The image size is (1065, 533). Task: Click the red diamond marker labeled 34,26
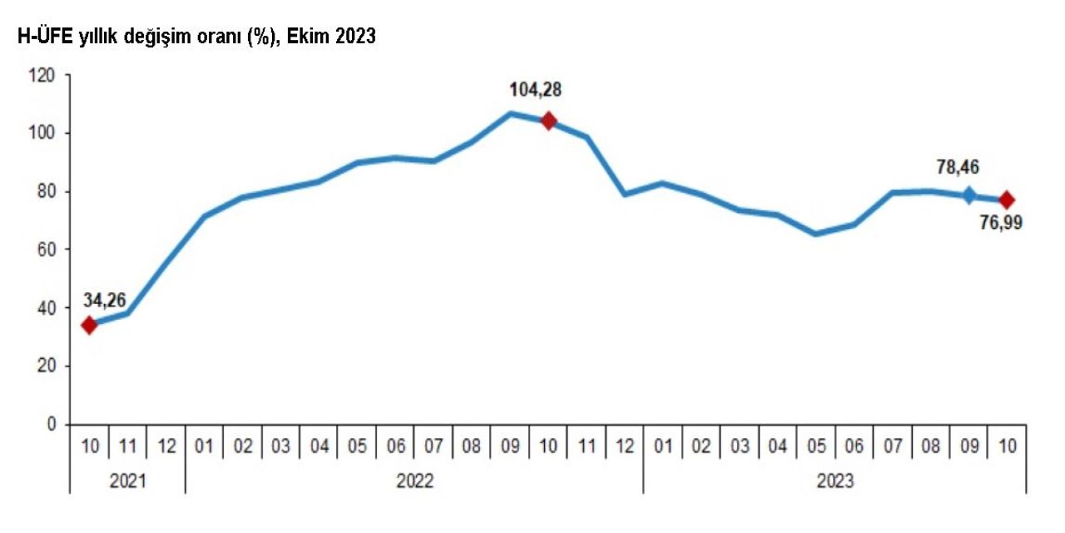[89, 325]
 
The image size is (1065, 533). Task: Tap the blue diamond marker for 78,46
[968, 196]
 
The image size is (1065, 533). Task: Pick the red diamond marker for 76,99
[1006, 200]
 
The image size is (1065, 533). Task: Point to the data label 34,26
[104, 300]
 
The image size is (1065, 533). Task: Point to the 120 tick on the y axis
[43, 76]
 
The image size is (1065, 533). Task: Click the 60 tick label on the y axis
[47, 250]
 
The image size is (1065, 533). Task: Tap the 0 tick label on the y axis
[52, 425]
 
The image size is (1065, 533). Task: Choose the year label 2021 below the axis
[127, 481]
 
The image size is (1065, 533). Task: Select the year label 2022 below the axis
[414, 481]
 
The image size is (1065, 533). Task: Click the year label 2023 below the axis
[835, 481]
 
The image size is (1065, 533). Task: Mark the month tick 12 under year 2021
[166, 446]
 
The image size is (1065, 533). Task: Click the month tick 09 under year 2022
[510, 446]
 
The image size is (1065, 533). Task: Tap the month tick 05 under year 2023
[815, 446]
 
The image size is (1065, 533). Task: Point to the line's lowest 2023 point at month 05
[815, 234]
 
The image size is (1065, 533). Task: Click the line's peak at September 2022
[510, 113]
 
